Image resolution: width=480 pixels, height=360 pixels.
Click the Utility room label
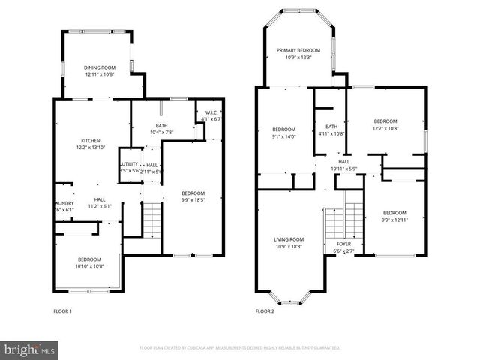pyautogui.click(x=129, y=165)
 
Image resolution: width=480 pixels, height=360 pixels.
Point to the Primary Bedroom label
pyautogui.click(x=298, y=50)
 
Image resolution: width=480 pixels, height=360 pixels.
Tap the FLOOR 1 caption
pyautogui.click(x=63, y=310)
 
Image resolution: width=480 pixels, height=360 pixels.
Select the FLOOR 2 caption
pyautogui.click(x=265, y=310)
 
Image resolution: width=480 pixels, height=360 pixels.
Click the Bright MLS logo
pyautogui.click(x=30, y=349)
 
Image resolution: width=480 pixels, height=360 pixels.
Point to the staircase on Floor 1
pyautogui.click(x=152, y=219)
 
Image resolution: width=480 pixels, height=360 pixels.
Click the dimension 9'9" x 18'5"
pyautogui.click(x=193, y=200)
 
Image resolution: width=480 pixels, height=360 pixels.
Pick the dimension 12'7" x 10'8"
pyautogui.click(x=385, y=127)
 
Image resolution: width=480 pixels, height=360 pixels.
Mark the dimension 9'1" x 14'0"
pyautogui.click(x=284, y=136)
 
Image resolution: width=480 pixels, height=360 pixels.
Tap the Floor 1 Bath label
pyautogui.click(x=161, y=125)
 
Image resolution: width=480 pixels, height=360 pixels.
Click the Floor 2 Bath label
pyautogui.click(x=331, y=127)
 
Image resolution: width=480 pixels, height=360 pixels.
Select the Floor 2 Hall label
pyautogui.click(x=343, y=161)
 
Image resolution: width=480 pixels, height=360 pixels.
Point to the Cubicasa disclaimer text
pyautogui.click(x=240, y=348)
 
